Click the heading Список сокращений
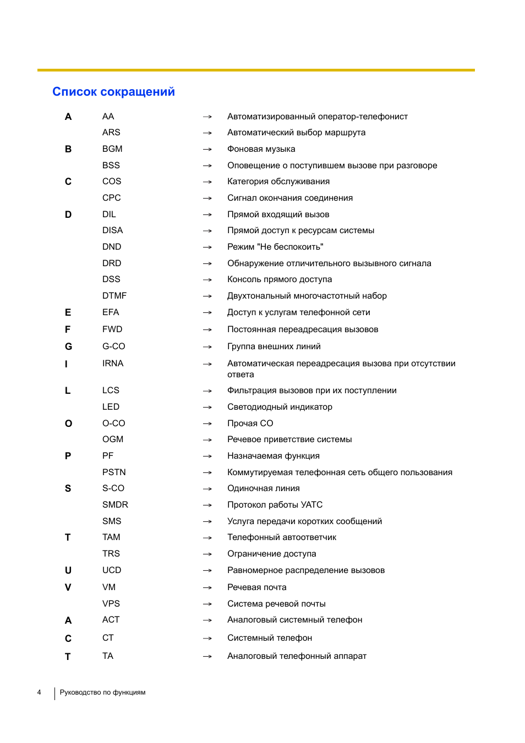[113, 92]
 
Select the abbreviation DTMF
[114, 296]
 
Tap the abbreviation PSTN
[114, 472]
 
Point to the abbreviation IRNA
[113, 364]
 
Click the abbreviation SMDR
[115, 505]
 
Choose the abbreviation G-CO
[114, 346]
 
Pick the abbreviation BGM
[112, 149]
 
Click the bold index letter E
[68, 312]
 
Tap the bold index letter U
[68, 570]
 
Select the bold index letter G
[68, 346]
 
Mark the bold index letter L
[68, 390]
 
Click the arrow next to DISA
[207, 231]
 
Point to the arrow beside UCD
[207, 571]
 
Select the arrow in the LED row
[207, 408]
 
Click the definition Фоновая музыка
[261, 149]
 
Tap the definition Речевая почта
[257, 587]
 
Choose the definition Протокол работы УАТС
[275, 505]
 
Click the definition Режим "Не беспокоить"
[275, 247]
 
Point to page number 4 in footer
[39, 692]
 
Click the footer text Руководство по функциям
[102, 692]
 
